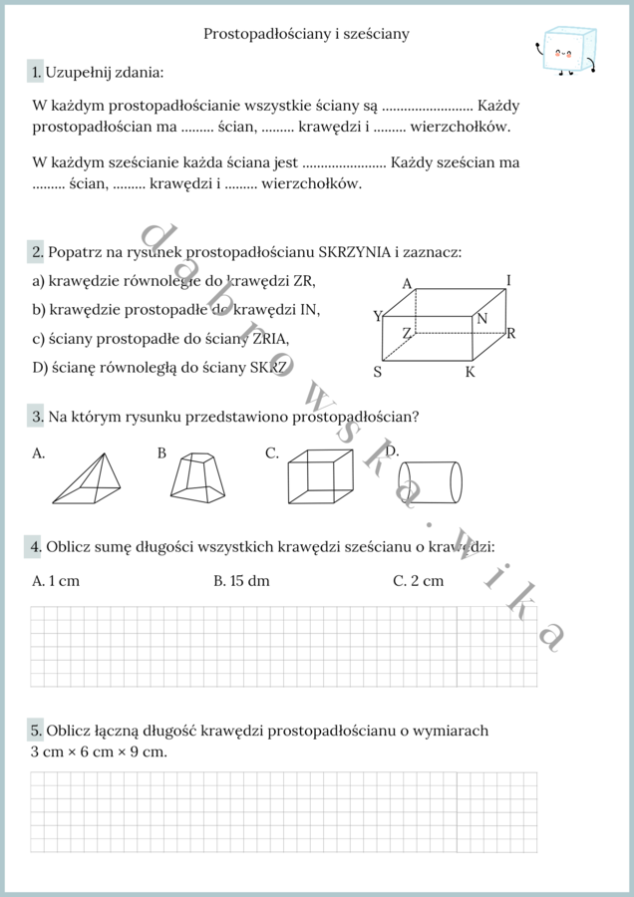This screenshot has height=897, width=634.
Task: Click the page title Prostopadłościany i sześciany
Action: pyautogui.click(x=306, y=34)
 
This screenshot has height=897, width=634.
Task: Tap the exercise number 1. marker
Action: pyautogui.click(x=37, y=72)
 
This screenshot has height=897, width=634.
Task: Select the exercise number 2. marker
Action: pyautogui.click(x=37, y=252)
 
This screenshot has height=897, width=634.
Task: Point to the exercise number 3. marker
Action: pyautogui.click(x=37, y=416)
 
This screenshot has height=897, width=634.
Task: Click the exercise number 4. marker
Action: pyautogui.click(x=37, y=546)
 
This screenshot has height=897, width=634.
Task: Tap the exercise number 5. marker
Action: pyautogui.click(x=37, y=731)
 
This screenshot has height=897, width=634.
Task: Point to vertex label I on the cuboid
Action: pyautogui.click(x=508, y=280)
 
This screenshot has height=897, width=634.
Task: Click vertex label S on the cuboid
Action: pyautogui.click(x=378, y=372)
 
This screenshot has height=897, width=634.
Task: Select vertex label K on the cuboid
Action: pyautogui.click(x=470, y=372)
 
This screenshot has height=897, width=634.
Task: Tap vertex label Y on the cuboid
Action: pyautogui.click(x=378, y=316)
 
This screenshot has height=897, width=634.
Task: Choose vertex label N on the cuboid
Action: pyautogui.click(x=481, y=319)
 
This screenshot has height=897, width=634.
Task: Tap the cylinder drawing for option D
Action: pyautogui.click(x=432, y=482)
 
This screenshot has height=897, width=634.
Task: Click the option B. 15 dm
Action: pyautogui.click(x=242, y=581)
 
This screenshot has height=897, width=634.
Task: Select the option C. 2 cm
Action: pyautogui.click(x=418, y=581)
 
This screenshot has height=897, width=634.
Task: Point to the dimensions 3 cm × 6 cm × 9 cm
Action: pyautogui.click(x=99, y=751)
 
